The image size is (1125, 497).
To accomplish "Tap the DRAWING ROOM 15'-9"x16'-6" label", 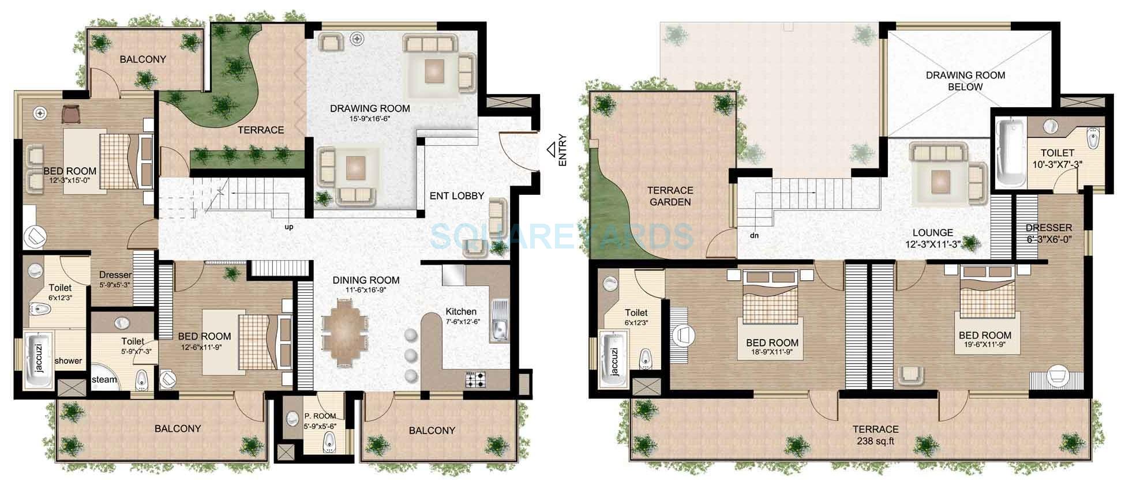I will (370, 113).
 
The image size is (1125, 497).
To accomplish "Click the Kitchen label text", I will (461, 312).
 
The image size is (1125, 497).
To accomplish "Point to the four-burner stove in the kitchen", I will (476, 379).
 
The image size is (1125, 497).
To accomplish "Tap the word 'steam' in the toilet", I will (104, 379).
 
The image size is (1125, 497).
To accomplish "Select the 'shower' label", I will (68, 361).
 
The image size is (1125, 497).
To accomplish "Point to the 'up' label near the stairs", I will (289, 227).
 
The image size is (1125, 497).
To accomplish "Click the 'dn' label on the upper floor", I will (755, 235).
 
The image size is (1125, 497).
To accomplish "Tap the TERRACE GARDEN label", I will (670, 196).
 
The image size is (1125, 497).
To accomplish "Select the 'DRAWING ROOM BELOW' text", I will (965, 81).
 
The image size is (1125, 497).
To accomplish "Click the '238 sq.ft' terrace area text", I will (876, 442).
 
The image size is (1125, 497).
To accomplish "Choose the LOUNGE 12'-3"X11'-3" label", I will (933, 238).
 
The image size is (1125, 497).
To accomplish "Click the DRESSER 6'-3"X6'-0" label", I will (1049, 233).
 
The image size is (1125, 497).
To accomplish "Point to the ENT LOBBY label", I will (456, 196).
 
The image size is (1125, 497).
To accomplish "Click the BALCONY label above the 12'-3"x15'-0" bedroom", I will (143, 59).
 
